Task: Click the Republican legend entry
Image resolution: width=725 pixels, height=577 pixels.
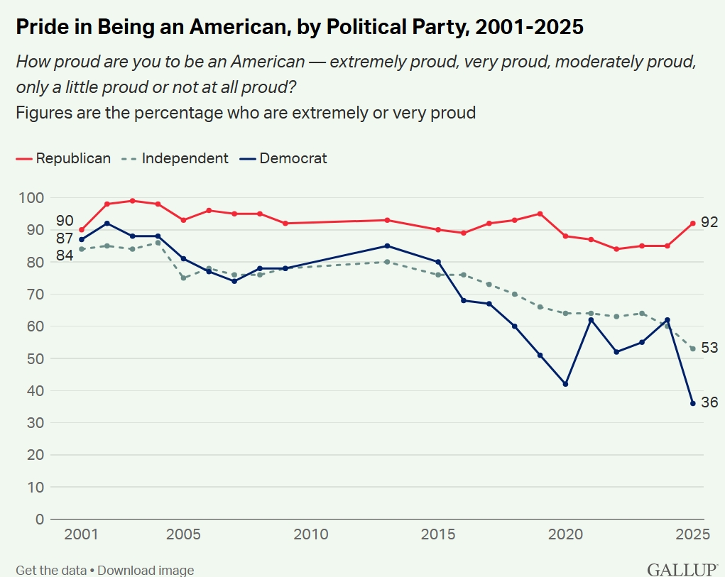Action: (63, 158)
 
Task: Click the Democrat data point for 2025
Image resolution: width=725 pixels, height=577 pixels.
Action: (692, 403)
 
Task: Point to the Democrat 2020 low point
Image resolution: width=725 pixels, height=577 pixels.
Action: (565, 384)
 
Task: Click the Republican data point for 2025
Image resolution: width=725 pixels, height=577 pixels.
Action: (692, 223)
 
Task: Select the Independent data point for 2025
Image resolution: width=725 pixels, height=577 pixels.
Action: (692, 348)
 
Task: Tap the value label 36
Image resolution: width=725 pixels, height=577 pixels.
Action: (709, 402)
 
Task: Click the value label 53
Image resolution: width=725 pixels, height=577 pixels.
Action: (709, 348)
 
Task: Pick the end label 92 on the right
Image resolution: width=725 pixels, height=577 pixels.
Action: (709, 222)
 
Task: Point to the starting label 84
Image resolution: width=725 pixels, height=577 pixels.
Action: (65, 255)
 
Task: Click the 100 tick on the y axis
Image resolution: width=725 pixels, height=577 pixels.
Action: (32, 197)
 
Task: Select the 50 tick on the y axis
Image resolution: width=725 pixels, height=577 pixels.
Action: (36, 358)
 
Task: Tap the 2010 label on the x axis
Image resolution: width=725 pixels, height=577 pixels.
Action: (310, 534)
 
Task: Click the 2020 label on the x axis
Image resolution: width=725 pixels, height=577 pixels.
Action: (565, 534)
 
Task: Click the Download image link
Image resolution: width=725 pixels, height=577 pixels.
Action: (146, 570)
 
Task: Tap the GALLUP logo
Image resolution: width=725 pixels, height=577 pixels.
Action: (682, 569)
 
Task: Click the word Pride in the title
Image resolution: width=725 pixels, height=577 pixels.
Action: (38, 27)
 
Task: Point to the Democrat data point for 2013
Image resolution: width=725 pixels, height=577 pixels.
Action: (387, 246)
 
